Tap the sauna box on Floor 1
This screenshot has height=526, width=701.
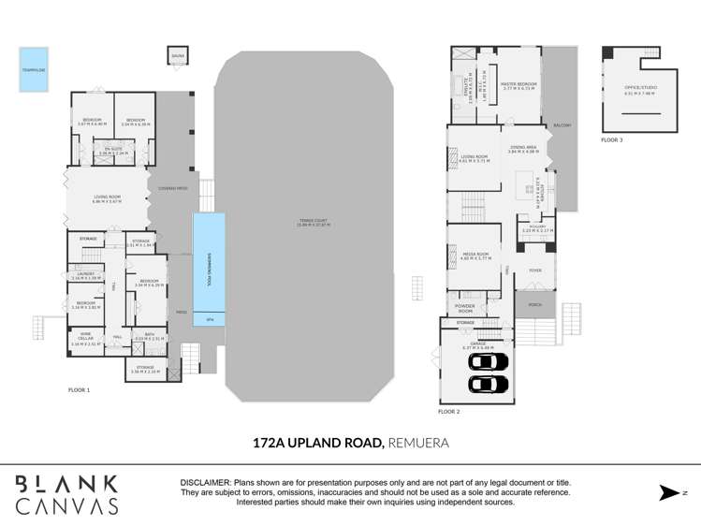pyautogui.click(x=178, y=56)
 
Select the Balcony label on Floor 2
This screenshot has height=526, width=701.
pyautogui.click(x=562, y=125)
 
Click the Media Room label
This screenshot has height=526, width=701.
pyautogui.click(x=476, y=255)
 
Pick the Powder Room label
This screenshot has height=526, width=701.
pyautogui.click(x=464, y=307)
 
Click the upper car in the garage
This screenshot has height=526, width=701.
pyautogui.click(x=489, y=362)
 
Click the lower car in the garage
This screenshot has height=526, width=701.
pyautogui.click(x=489, y=384)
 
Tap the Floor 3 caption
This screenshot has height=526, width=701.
pyautogui.click(x=612, y=139)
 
